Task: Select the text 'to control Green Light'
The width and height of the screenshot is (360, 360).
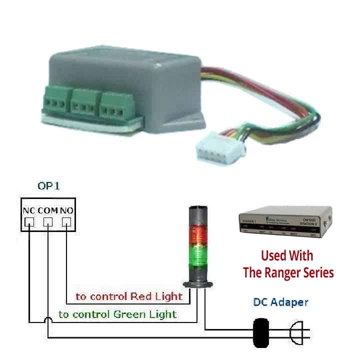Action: tap(117, 314)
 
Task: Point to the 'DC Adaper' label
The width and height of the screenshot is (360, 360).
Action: tap(280, 302)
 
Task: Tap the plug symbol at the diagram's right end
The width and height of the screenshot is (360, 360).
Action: tap(295, 331)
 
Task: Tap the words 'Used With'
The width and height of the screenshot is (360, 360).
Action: tap(287, 255)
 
